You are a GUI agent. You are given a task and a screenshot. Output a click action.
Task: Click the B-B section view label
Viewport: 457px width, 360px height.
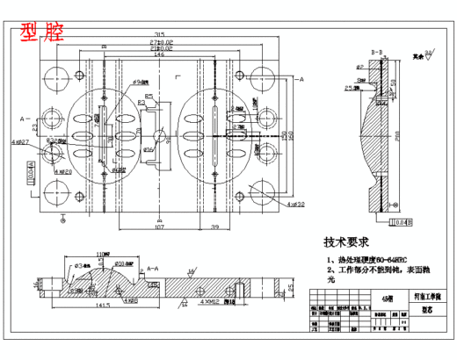376,53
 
